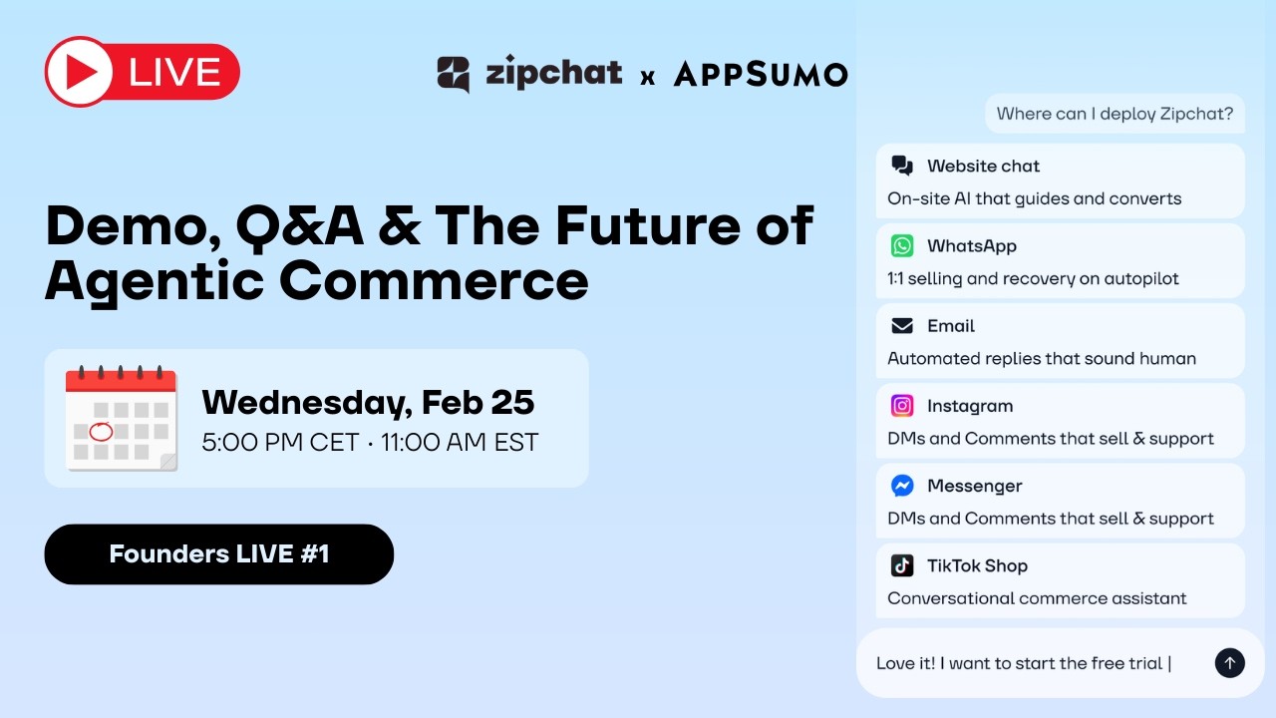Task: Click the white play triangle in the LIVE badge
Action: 83,73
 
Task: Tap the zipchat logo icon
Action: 453,74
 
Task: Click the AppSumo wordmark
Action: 761,74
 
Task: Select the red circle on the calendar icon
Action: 101,432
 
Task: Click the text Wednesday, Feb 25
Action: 368,402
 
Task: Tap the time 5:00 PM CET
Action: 280,442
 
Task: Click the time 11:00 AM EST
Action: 460,442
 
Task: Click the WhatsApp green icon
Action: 902,245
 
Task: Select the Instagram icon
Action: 902,406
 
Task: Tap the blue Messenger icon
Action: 902,486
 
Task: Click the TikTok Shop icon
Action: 902,565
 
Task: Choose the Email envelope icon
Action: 902,326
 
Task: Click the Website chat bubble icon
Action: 902,166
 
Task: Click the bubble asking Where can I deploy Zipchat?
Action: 1115,114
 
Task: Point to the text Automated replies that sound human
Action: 1042,358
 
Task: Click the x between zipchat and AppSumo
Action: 648,76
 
